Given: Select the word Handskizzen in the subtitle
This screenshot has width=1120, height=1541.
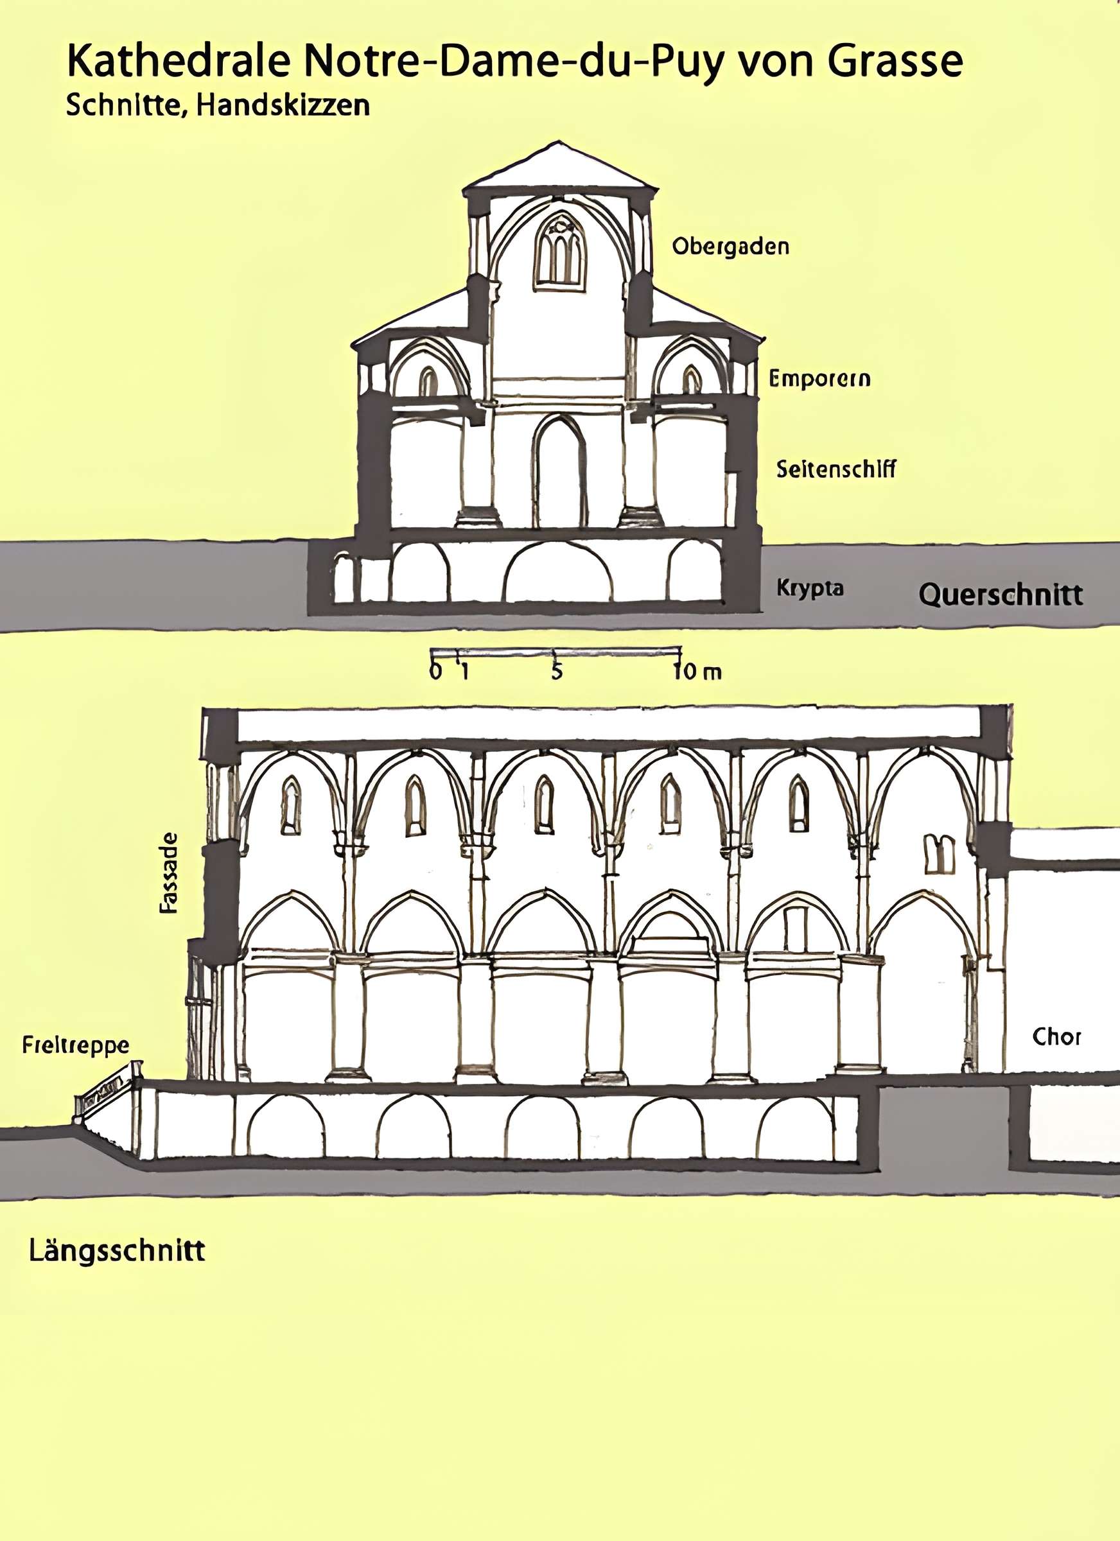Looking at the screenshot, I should [284, 105].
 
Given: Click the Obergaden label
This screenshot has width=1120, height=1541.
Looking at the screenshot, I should [731, 246].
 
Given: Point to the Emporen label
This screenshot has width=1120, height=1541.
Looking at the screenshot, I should [819, 378].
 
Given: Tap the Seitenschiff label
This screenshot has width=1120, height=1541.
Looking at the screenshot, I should [836, 469].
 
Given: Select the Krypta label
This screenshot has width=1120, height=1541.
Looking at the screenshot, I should [809, 588].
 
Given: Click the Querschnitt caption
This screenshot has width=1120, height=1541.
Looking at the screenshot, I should [1001, 595].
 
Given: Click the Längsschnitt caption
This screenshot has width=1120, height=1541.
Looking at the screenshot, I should [117, 1251].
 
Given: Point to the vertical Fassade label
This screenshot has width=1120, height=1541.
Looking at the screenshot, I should [168, 873].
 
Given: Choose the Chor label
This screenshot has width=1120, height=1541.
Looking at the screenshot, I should [1056, 1036].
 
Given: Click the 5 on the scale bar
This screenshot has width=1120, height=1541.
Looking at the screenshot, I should [557, 672].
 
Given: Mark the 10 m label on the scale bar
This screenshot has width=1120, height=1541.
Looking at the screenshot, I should [697, 672].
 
